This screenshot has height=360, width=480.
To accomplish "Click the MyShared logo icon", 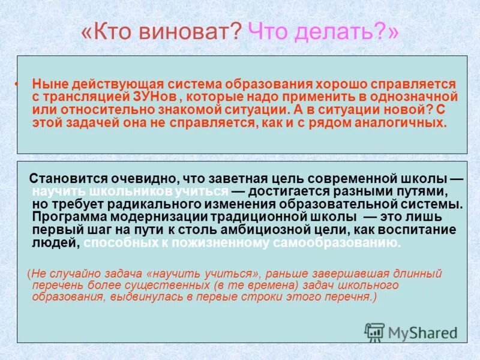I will (374, 332).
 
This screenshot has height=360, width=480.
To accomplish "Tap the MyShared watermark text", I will (422, 333).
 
